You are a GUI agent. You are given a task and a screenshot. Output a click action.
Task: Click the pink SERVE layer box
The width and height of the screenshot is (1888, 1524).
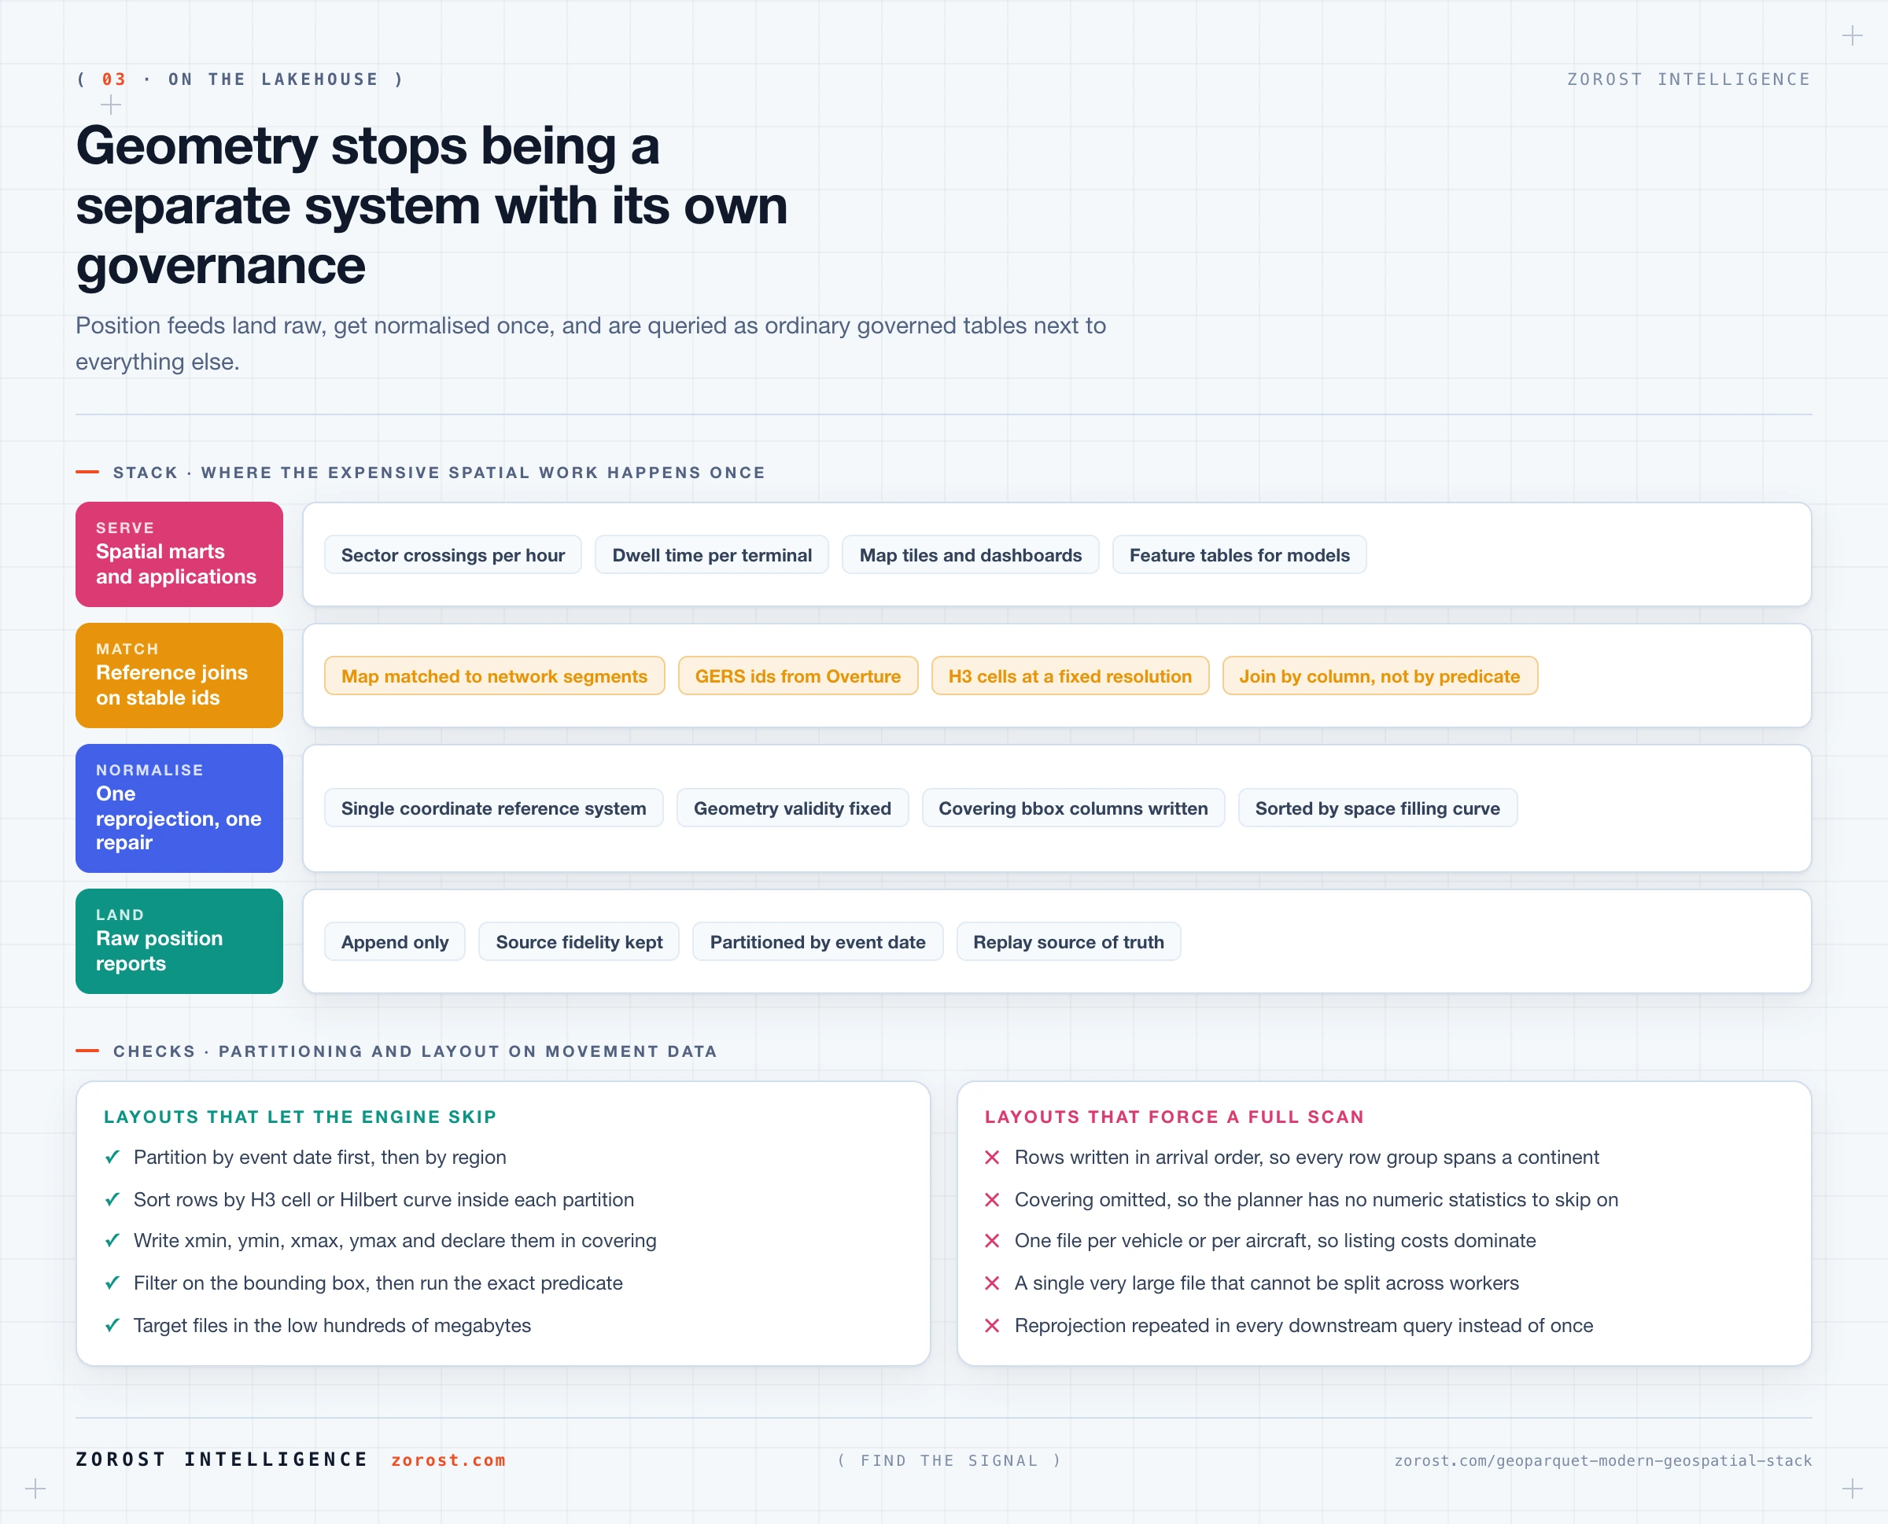pyautogui.click(x=179, y=554)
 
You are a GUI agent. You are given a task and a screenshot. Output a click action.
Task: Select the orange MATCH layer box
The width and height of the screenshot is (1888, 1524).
pyautogui.click(x=179, y=675)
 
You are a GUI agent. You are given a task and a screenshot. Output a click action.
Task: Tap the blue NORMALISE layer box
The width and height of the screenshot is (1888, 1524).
pyautogui.click(x=179, y=808)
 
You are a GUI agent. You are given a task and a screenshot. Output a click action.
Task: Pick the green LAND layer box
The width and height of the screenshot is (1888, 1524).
pyautogui.click(x=179, y=941)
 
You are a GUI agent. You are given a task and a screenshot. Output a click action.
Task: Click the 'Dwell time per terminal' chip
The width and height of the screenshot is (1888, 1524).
pyautogui.click(x=711, y=555)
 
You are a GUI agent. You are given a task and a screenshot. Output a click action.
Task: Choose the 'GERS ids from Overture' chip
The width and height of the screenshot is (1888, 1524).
pyautogui.click(x=798, y=676)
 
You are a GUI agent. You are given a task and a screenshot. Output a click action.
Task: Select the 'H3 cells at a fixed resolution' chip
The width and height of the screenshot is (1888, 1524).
pyautogui.click(x=1070, y=676)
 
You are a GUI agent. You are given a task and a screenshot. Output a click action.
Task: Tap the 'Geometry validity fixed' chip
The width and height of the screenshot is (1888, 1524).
pyautogui.click(x=792, y=808)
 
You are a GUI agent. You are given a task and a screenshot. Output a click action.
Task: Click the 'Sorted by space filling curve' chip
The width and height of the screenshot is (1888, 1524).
pyautogui.click(x=1377, y=808)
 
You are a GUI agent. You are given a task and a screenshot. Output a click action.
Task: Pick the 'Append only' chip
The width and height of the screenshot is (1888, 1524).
pyautogui.click(x=394, y=942)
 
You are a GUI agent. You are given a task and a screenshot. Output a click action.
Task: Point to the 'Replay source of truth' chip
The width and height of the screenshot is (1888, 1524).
pyautogui.click(x=1068, y=942)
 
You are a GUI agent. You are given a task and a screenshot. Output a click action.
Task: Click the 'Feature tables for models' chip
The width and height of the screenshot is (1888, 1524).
pyautogui.click(x=1239, y=555)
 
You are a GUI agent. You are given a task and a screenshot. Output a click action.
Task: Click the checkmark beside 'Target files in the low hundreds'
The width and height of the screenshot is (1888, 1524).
pyautogui.click(x=112, y=1326)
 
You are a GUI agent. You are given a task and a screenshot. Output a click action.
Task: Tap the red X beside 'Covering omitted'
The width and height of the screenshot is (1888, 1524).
pyautogui.click(x=992, y=1200)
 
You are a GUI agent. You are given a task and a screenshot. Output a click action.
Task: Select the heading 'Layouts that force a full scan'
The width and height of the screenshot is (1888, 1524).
pyautogui.click(x=1174, y=1117)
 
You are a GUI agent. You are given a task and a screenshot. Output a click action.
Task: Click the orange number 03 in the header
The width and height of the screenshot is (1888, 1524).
pyautogui.click(x=114, y=79)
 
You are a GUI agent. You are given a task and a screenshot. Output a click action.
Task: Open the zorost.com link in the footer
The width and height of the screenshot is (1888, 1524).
pyautogui.click(x=448, y=1460)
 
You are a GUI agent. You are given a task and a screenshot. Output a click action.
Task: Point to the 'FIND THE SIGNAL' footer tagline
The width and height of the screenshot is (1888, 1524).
pyautogui.click(x=950, y=1461)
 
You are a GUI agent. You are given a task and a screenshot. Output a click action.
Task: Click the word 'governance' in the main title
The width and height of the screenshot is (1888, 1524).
pyautogui.click(x=220, y=266)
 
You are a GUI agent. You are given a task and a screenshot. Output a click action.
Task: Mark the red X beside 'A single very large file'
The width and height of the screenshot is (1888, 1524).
pyautogui.click(x=992, y=1283)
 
